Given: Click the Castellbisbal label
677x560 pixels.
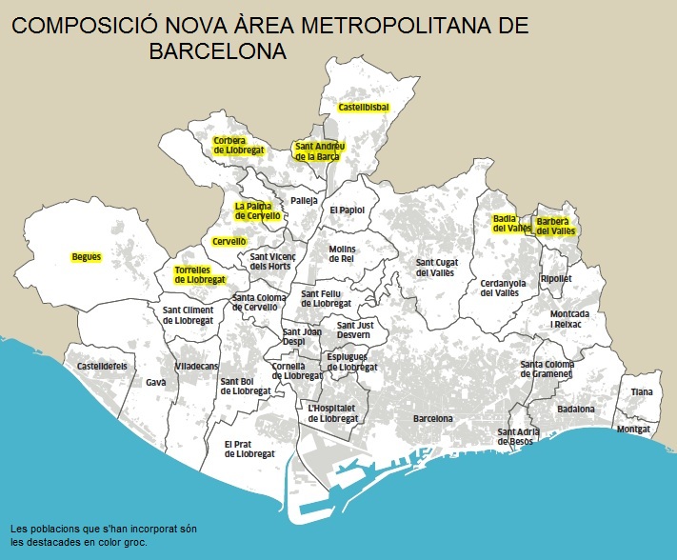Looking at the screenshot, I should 364,108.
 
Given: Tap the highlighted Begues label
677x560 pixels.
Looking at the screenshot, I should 86,257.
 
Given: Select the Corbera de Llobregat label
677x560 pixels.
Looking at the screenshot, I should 238,146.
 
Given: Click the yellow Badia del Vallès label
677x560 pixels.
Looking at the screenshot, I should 511,224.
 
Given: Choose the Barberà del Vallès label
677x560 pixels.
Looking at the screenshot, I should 555,226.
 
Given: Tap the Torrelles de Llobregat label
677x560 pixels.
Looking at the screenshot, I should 200,275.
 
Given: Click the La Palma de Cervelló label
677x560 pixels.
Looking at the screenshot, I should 258,211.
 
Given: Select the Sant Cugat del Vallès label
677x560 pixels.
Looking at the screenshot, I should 435,268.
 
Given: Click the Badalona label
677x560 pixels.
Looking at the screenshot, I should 576,410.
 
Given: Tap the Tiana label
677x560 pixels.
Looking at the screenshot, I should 642,392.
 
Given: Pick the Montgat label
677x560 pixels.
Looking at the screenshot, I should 633,429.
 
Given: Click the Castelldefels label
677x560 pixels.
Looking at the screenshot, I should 102,366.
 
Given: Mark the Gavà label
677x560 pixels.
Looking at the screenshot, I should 155,382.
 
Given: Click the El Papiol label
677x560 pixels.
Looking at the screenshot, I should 347,210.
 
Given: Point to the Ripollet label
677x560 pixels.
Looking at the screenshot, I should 556,279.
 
